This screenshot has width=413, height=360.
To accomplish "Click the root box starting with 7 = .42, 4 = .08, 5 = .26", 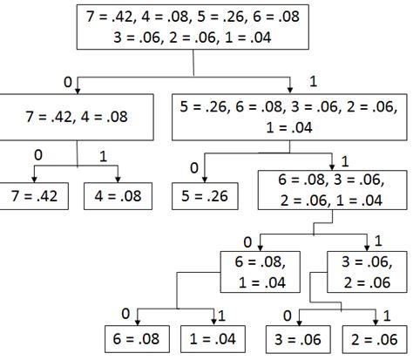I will pos(192,29).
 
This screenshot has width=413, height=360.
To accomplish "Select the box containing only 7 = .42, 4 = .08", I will pos(78,117).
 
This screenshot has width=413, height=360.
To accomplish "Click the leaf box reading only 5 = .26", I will pos(206,197).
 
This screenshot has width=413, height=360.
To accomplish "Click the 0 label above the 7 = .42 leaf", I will pos(37,154).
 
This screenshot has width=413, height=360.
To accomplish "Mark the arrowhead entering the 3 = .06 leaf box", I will pos(290,323).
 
